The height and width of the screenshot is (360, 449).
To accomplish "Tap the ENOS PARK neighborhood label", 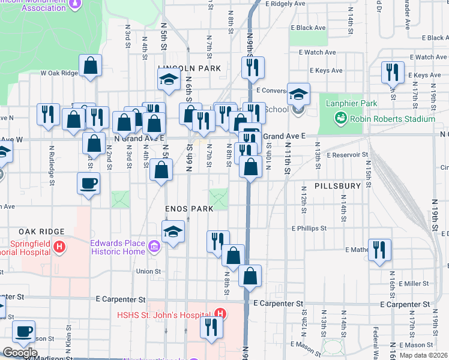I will point(189,208).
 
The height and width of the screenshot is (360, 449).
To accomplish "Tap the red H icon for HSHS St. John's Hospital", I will point(220,313).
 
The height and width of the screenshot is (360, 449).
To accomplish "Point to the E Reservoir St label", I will point(347,154).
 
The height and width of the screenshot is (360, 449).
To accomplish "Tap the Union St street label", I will point(148,271).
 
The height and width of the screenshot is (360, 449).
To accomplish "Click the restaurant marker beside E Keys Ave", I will point(393,72).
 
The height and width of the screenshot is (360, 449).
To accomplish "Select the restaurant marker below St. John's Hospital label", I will point(211,328).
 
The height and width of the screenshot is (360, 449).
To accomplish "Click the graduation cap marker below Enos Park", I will point(173,232).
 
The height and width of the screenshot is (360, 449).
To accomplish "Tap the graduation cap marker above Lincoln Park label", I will point(169,79).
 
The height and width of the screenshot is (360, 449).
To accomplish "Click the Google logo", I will point(20,353).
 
